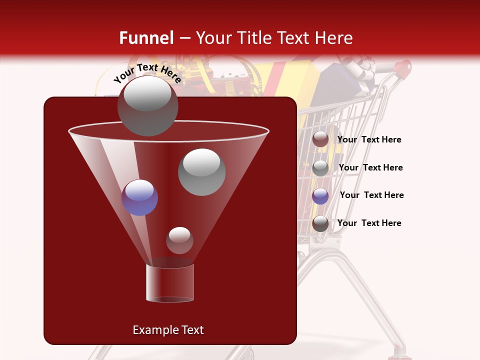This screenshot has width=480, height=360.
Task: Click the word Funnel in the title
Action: click(146, 38)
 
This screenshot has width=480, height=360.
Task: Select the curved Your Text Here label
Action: click(147, 73)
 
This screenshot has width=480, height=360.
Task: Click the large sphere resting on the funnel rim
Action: click(147, 105)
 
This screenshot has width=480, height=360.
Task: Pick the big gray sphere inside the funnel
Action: click(202, 172)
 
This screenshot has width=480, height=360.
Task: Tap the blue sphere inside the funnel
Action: click(139, 197)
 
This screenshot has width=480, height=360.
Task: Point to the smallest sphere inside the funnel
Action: click(179, 240)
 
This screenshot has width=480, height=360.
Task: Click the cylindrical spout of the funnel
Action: click(170, 283)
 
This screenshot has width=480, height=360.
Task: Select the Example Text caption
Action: click(168, 330)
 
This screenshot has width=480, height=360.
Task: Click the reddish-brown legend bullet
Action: click(320, 139)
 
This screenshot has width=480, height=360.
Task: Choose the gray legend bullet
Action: click(320, 168)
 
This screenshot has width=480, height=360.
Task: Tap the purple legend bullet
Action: click(320, 196)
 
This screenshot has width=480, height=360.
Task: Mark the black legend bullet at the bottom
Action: click(320, 223)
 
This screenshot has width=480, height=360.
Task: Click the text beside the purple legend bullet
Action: click(371, 195)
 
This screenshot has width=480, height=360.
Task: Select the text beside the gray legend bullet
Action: click(370, 167)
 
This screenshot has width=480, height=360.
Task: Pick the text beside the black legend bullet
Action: click(369, 223)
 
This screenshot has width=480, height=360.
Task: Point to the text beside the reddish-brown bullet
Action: click(369, 139)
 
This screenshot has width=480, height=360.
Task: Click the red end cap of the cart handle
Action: click(404, 66)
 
